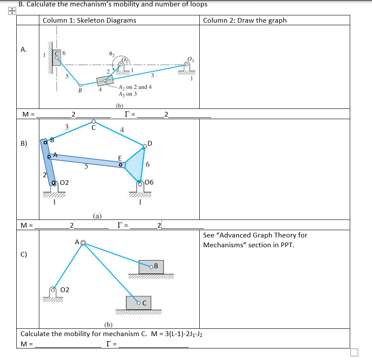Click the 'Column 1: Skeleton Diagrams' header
[x=89, y=20]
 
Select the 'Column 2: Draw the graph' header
[x=245, y=20]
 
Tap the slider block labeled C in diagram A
[x=56, y=57]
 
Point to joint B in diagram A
[x=80, y=85]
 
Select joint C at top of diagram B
[x=94, y=122]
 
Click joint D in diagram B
[x=145, y=146]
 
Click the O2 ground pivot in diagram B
[x=53, y=183]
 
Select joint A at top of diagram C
[x=83, y=243]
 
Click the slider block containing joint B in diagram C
[x=151, y=267]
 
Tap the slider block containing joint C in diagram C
[x=138, y=303]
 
